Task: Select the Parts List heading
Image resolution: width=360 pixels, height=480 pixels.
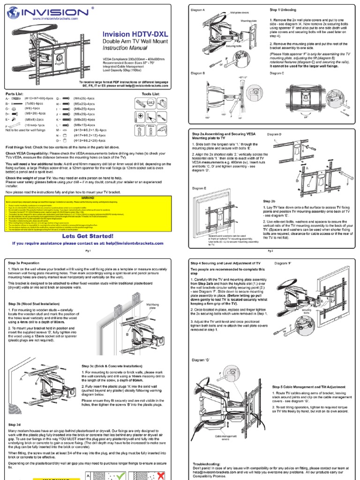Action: click(15, 94)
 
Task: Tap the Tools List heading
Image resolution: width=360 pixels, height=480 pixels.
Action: click(150, 94)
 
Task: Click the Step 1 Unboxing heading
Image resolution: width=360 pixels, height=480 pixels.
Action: click(283, 9)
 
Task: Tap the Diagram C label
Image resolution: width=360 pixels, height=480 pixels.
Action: click(278, 73)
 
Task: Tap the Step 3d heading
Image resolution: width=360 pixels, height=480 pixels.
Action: click(15, 424)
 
